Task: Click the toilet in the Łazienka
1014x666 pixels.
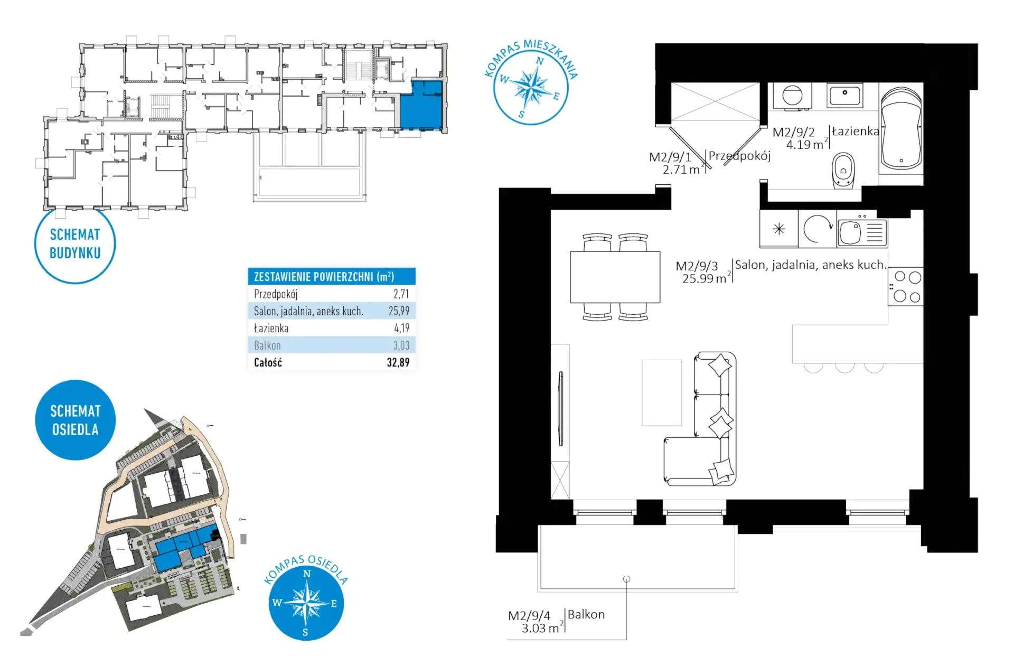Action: click(x=843, y=170)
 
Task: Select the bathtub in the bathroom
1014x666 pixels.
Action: click(x=901, y=128)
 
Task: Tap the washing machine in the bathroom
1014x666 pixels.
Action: click(x=792, y=96)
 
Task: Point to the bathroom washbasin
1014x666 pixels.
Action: click(x=845, y=96)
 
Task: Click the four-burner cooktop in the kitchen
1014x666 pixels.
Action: click(x=905, y=286)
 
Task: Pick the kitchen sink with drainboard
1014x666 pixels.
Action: click(x=862, y=232)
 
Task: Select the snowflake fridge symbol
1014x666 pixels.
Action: click(x=779, y=229)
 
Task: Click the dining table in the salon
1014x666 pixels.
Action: click(x=615, y=277)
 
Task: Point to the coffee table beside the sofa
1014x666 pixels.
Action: click(x=662, y=392)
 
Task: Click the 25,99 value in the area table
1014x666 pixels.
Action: click(x=399, y=311)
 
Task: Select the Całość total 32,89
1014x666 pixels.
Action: click(x=398, y=362)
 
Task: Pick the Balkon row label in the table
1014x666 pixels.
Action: click(x=267, y=345)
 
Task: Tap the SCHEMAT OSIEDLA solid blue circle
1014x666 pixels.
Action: click(x=75, y=420)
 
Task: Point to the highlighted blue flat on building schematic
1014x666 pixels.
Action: click(x=421, y=105)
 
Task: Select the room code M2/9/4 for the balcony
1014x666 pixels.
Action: click(x=529, y=616)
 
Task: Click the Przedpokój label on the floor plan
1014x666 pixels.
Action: click(x=739, y=156)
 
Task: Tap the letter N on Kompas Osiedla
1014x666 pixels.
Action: click(x=307, y=574)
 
